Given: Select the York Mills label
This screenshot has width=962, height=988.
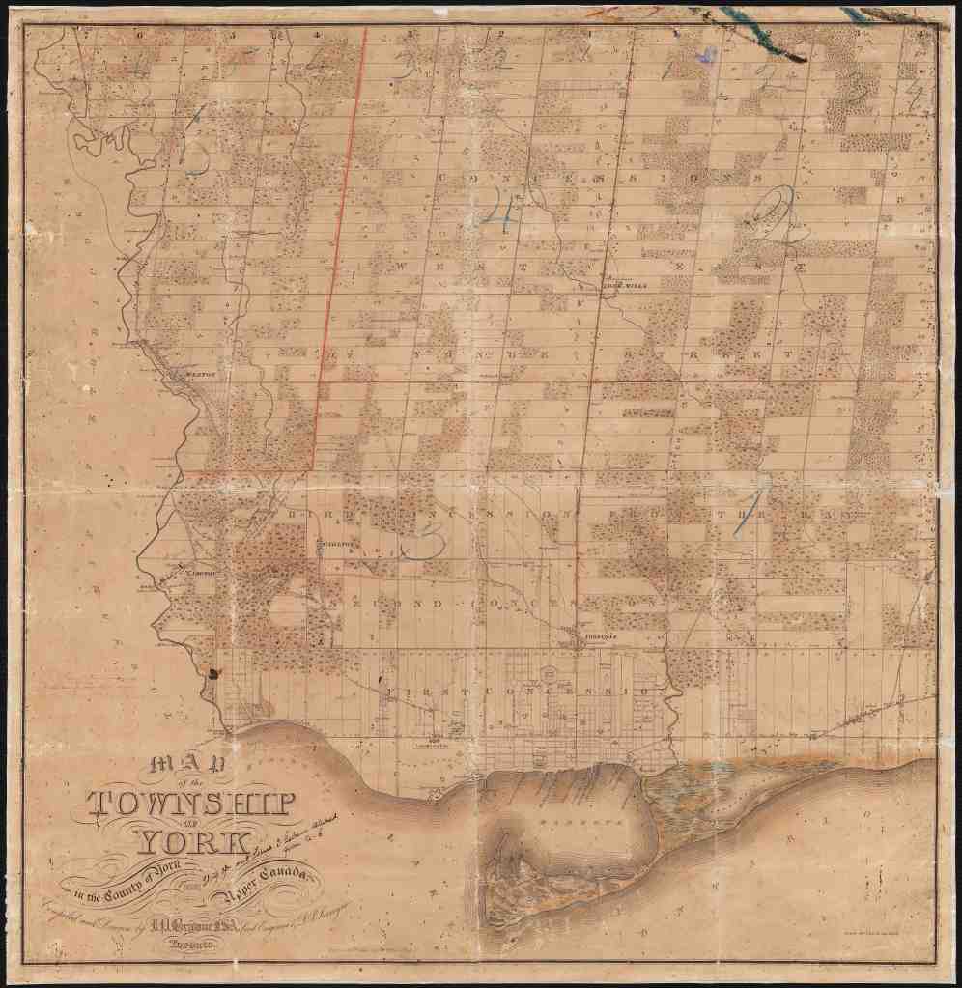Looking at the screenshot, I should [621, 286].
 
